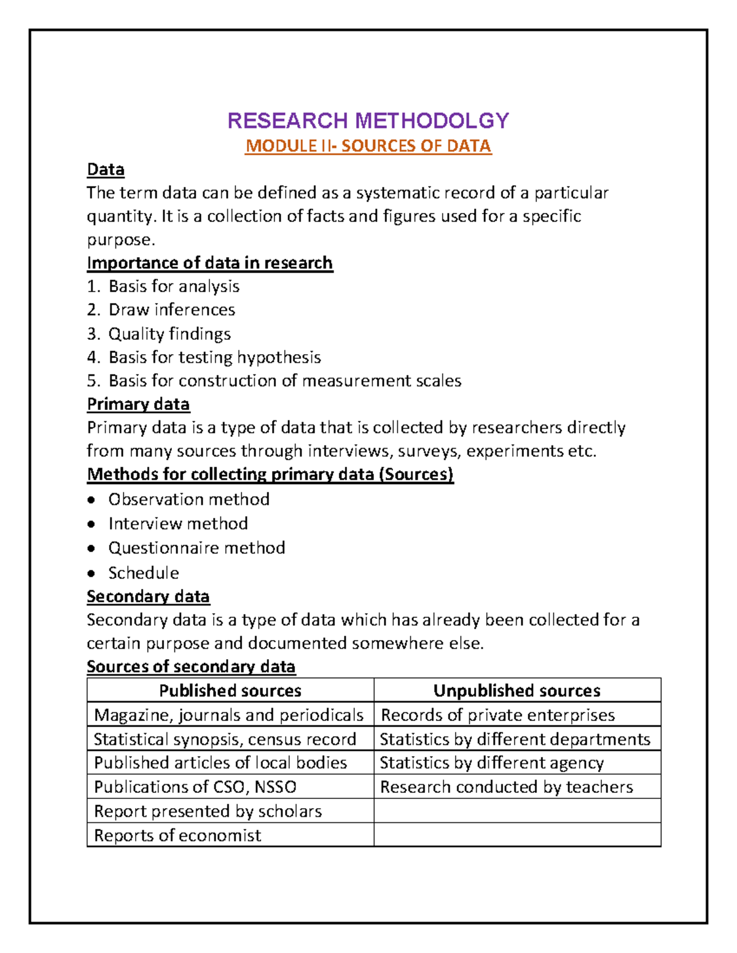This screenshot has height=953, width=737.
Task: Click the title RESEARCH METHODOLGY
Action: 368,120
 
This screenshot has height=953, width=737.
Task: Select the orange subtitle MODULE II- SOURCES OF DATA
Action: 368,146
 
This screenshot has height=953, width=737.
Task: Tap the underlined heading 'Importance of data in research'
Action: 209,263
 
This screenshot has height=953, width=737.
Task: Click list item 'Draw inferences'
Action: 171,309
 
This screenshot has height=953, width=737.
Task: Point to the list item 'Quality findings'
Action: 170,334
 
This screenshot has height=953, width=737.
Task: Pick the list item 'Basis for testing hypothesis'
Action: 214,357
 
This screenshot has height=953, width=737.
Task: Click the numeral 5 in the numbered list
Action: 92,380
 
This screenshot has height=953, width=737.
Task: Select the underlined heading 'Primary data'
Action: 138,404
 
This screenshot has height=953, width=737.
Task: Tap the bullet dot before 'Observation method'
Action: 92,500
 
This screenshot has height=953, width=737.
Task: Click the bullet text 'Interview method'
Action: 178,523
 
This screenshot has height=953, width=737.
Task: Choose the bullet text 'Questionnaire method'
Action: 197,547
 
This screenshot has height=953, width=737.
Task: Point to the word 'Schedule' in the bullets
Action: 144,573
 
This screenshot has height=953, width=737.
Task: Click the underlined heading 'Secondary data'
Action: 148,596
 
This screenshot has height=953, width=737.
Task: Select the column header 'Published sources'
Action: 230,690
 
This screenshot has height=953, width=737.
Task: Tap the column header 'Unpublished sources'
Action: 517,690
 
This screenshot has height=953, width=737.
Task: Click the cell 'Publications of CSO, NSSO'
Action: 195,787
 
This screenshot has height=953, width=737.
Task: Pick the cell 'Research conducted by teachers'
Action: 507,787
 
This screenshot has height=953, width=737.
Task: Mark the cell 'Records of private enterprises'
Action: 497,715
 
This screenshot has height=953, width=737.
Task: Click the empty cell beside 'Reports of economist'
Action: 517,835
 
